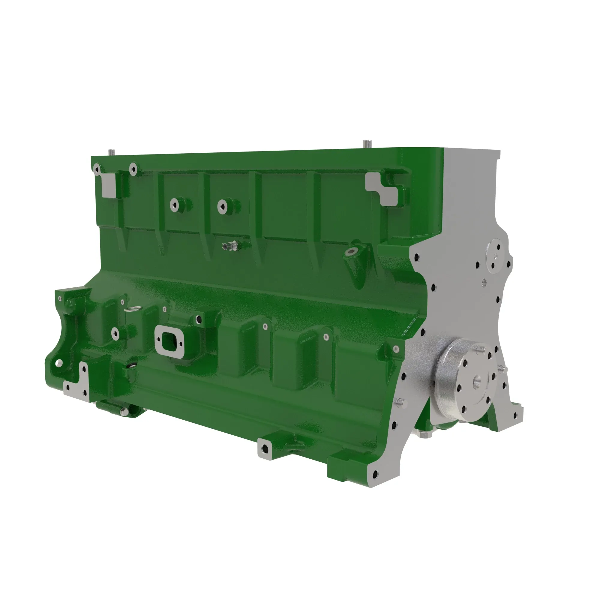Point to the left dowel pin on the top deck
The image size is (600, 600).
[111, 152]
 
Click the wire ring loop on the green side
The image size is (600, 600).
[132, 309]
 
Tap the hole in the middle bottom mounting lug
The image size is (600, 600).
[265, 448]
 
